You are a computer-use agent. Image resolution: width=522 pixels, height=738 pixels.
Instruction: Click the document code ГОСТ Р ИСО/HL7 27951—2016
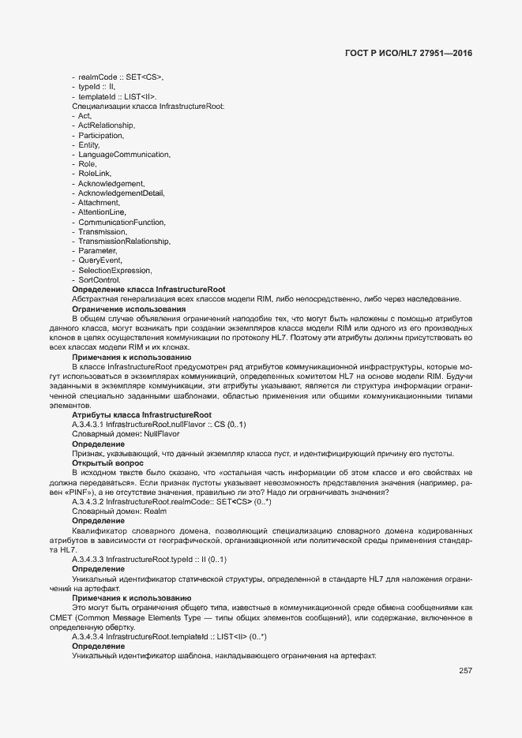coord(413,54)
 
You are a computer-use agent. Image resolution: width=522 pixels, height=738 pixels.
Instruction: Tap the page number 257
coord(465,671)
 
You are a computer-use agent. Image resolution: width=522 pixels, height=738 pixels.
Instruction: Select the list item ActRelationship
coord(107,125)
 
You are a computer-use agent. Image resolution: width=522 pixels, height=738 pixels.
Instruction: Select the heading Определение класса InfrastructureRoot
coord(148,290)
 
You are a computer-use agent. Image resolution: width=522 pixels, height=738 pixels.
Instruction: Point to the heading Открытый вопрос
coord(107,463)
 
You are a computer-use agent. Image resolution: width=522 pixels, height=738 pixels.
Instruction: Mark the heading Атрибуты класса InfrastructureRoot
coord(141,414)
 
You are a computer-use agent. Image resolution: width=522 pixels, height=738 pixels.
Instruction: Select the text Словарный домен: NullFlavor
coord(126,434)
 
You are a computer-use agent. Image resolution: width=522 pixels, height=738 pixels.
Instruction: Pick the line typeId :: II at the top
coord(96,87)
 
